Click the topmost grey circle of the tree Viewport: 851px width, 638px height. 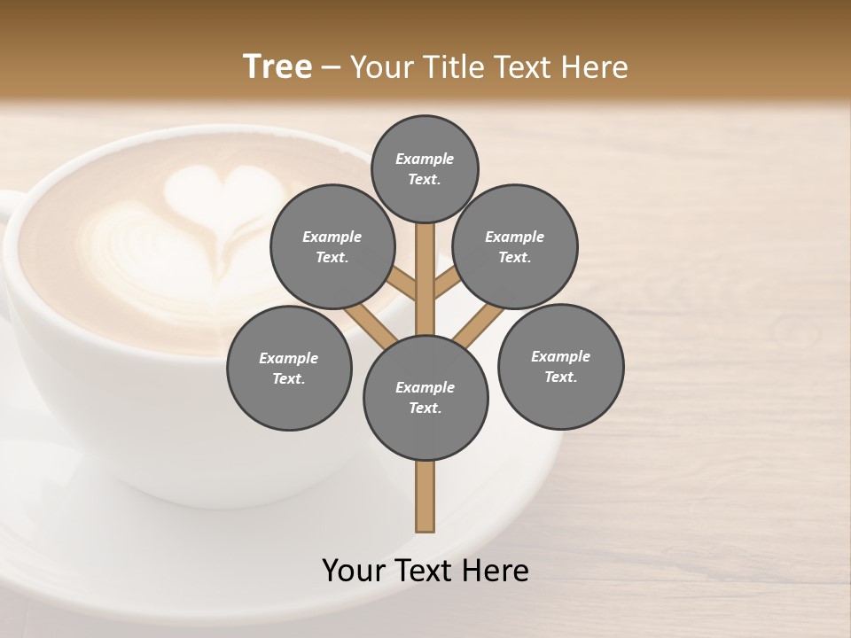click(425, 168)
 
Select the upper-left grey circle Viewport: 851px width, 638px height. click(332, 246)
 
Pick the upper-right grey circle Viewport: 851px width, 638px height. click(515, 246)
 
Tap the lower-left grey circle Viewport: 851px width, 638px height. click(289, 368)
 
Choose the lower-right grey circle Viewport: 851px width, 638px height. click(561, 366)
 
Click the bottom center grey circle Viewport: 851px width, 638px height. click(425, 398)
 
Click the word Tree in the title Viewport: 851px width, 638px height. click(277, 67)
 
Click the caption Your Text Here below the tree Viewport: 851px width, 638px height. click(425, 571)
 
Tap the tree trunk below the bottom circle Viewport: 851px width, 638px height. click(425, 496)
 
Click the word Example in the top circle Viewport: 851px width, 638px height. click(425, 159)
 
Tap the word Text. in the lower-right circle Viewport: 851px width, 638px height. click(561, 377)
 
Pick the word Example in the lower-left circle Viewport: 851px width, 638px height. click(289, 358)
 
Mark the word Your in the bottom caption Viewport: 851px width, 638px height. click(354, 571)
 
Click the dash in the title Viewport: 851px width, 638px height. click(331, 67)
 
